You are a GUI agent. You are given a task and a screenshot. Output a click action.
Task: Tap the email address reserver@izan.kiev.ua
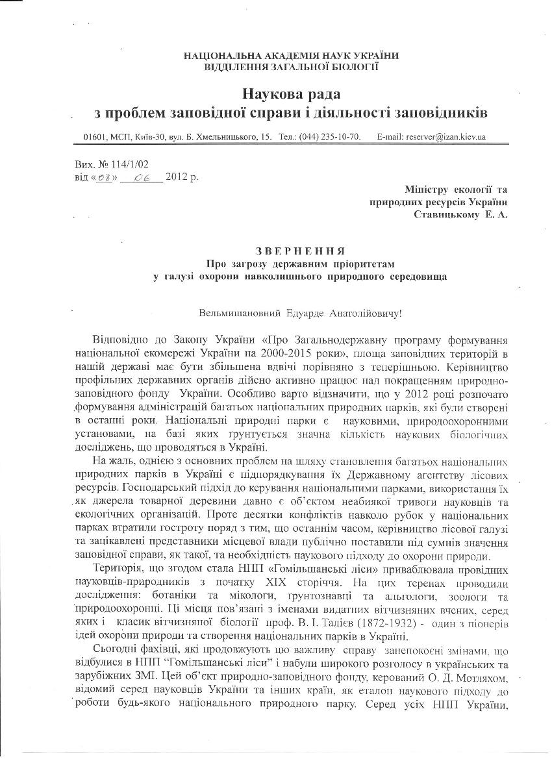pyautogui.click(x=445, y=138)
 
